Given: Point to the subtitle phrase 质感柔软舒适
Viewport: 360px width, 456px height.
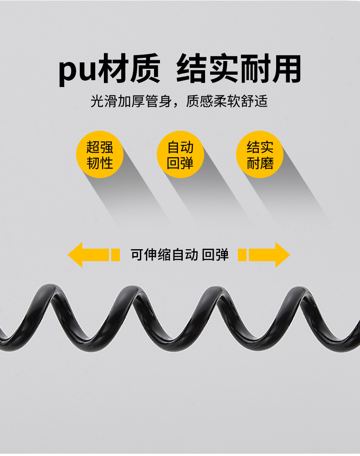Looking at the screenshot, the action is pos(226,101).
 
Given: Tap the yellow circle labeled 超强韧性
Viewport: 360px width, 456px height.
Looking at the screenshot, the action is pos(99,155).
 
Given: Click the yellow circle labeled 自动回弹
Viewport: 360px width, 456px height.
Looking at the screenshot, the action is pos(180,155).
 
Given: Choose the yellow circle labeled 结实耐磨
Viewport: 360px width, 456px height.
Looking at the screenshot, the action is pos(260,155).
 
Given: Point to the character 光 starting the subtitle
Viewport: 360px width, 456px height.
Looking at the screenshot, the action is pos(96,101).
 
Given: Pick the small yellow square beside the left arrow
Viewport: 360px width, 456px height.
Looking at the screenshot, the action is pos(115,255).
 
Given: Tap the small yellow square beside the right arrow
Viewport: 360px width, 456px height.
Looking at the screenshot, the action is pos(242,255).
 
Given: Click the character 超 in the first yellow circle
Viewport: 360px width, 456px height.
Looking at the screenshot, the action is pos(93,147).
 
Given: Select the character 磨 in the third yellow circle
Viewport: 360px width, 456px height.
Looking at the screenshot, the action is pos(267,163).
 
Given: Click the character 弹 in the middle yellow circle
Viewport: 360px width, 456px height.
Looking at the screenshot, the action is pos(187,163).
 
